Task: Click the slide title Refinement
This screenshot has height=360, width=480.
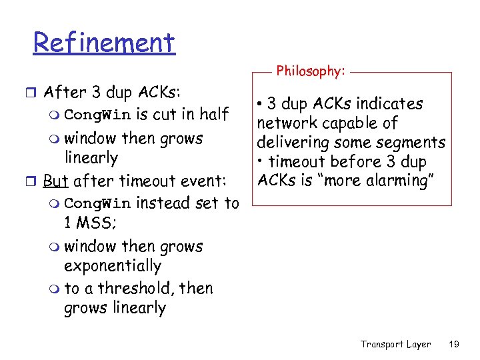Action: point(104,43)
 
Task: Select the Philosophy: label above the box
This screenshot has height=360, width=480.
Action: point(311,71)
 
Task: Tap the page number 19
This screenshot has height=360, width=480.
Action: point(454,344)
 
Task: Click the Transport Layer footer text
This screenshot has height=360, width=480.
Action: point(395,344)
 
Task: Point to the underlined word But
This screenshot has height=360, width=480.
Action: point(57,181)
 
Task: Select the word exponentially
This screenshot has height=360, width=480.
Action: point(113,266)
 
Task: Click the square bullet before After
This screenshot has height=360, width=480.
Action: point(35,93)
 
